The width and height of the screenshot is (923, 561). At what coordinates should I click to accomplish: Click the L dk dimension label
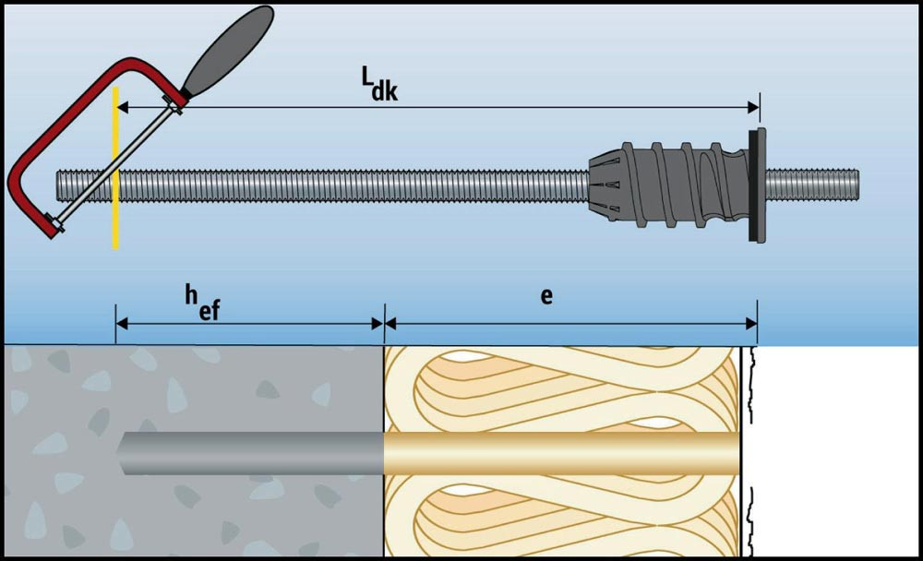(x=378, y=83)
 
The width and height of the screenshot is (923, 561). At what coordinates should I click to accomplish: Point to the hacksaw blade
(x=111, y=166)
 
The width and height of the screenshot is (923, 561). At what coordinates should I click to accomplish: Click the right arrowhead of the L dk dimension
(x=752, y=108)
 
